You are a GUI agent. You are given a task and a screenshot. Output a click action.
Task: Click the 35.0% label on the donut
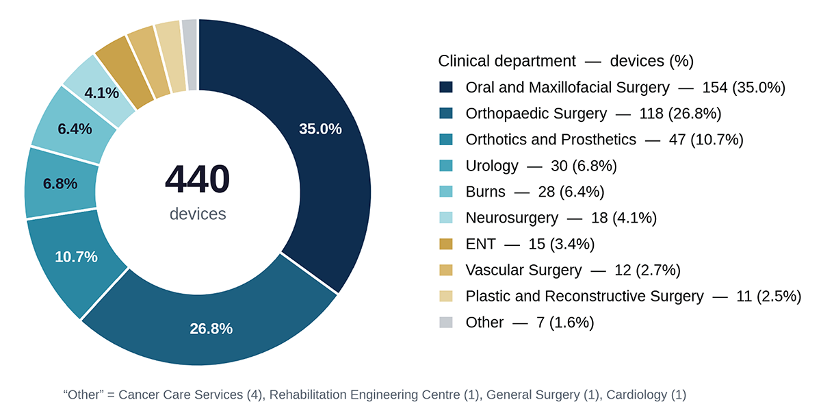point(320,129)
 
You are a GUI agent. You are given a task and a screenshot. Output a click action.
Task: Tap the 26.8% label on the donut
point(211,329)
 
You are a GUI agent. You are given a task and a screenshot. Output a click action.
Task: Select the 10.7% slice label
point(76,257)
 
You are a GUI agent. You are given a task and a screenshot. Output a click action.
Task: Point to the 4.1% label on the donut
point(101,92)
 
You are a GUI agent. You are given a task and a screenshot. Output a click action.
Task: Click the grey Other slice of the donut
point(190,55)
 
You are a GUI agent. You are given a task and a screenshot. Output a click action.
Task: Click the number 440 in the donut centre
point(197,179)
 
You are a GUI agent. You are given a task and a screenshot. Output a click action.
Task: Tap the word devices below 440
point(198,214)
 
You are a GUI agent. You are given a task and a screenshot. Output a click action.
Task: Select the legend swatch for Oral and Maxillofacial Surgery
point(445,87)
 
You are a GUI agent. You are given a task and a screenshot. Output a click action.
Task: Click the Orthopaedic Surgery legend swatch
point(445,113)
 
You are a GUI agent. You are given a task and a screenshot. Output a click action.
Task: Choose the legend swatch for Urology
point(445,166)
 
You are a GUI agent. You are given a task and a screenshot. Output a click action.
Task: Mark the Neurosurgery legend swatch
point(445,218)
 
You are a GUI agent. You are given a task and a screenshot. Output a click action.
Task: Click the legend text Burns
point(485,192)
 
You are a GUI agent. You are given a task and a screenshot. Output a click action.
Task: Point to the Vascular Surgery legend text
point(524,271)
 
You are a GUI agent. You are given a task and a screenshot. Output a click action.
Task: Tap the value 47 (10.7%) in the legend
point(706,140)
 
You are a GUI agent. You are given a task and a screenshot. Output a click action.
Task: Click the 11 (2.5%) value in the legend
point(769,297)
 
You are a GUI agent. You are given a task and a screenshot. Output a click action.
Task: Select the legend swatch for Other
point(445,322)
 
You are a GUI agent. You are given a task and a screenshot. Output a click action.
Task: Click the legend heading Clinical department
point(507,61)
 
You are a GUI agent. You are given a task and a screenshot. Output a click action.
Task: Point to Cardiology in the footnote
point(637,395)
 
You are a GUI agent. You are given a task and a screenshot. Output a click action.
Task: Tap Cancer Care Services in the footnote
point(181,395)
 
